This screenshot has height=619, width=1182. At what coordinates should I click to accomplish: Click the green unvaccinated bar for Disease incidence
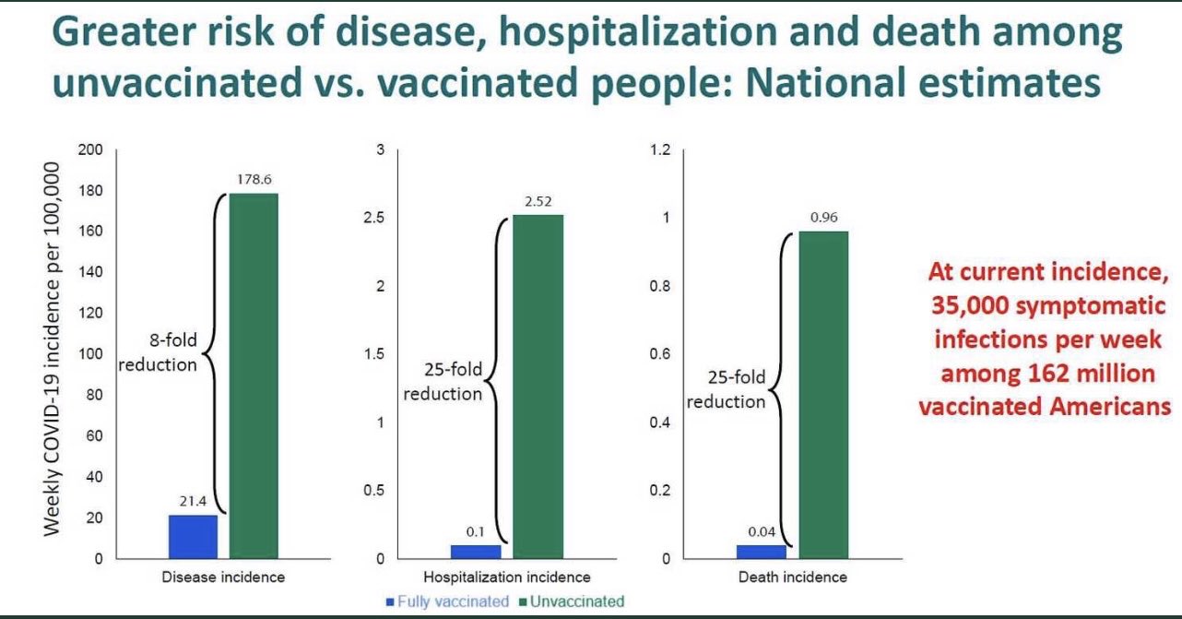[x=254, y=376]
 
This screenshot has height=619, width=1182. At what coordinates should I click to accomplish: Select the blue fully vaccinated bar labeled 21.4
[x=193, y=537]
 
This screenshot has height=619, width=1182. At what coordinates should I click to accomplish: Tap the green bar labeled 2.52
[x=538, y=387]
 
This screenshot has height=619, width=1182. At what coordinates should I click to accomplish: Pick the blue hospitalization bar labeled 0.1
[x=476, y=552]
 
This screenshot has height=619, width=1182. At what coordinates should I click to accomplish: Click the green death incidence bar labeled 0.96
[x=823, y=395]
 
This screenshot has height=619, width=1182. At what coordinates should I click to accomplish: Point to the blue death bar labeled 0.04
[x=762, y=552]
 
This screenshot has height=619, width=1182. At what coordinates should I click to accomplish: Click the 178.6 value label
[x=254, y=180]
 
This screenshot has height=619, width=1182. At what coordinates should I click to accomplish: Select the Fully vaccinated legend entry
[x=447, y=601]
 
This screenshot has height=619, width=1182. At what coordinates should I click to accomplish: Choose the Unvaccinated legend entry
[x=572, y=601]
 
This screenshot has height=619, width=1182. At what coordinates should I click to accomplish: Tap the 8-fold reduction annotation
[x=158, y=352]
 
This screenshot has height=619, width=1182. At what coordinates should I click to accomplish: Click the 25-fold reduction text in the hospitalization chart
[x=443, y=381]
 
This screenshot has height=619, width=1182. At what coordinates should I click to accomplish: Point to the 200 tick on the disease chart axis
[x=90, y=149]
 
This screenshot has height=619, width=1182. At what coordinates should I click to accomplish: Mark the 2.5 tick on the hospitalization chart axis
[x=373, y=218]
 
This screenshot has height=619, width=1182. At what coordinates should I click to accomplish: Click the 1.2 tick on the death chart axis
[x=660, y=149]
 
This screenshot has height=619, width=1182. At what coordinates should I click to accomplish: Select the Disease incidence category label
[x=223, y=577]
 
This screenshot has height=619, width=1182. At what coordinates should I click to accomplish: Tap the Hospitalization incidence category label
[x=507, y=577]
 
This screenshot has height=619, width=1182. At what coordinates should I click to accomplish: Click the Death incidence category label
[x=793, y=577]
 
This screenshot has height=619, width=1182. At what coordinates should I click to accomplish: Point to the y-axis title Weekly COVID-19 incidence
[x=52, y=349]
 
